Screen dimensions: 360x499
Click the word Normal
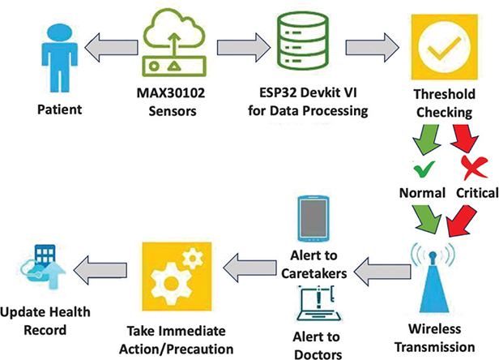click(419, 193)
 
